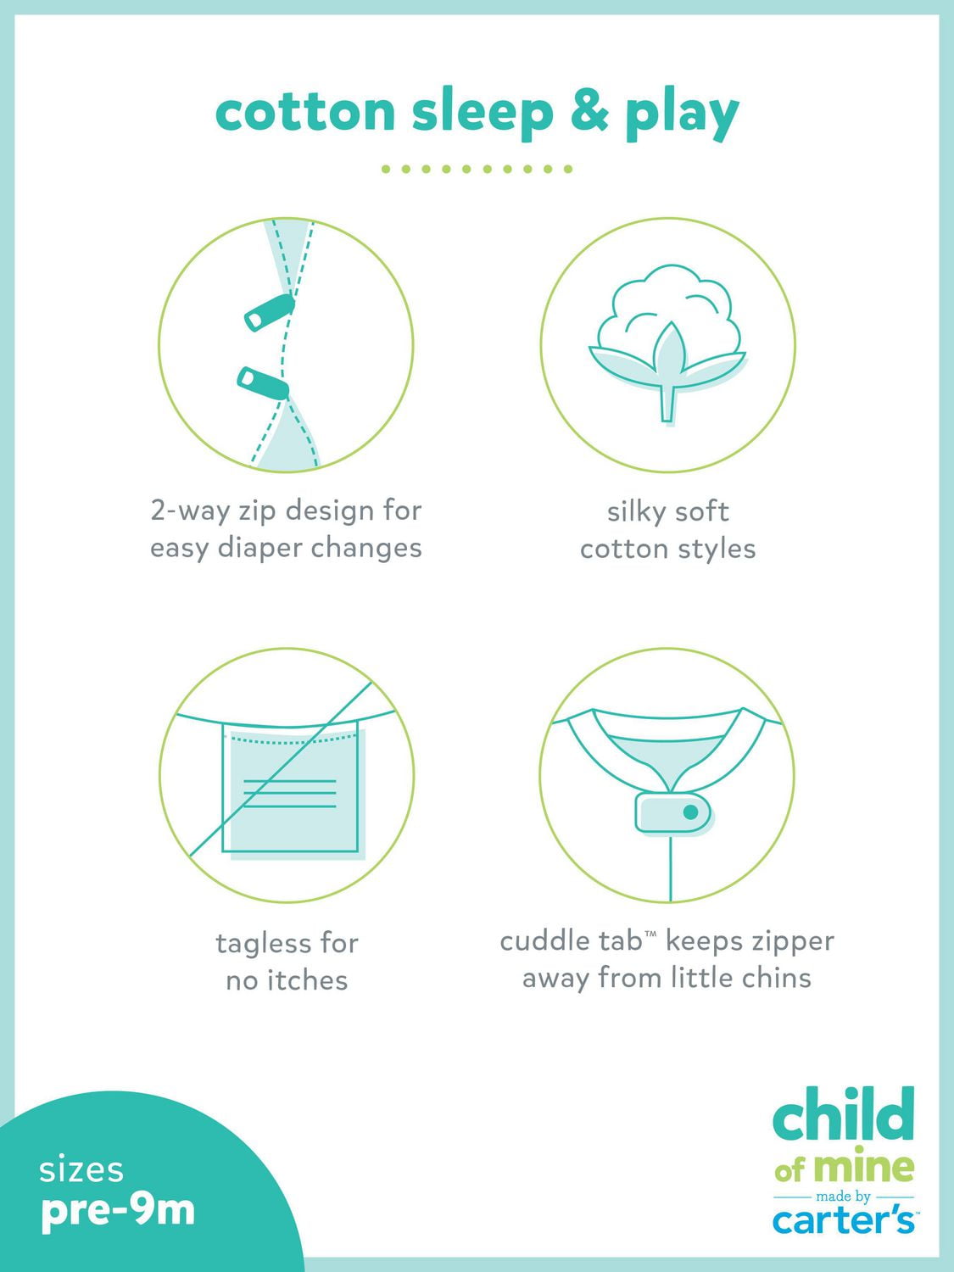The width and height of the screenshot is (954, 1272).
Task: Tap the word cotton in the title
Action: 305,113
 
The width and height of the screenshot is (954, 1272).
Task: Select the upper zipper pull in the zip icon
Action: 270,312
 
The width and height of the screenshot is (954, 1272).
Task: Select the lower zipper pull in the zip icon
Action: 263,383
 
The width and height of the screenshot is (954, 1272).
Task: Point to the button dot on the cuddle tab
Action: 690,812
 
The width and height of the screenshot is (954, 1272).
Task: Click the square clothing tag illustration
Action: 290,787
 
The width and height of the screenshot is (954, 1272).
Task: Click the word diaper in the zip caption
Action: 259,548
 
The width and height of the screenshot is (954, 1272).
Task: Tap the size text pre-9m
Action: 118,1211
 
